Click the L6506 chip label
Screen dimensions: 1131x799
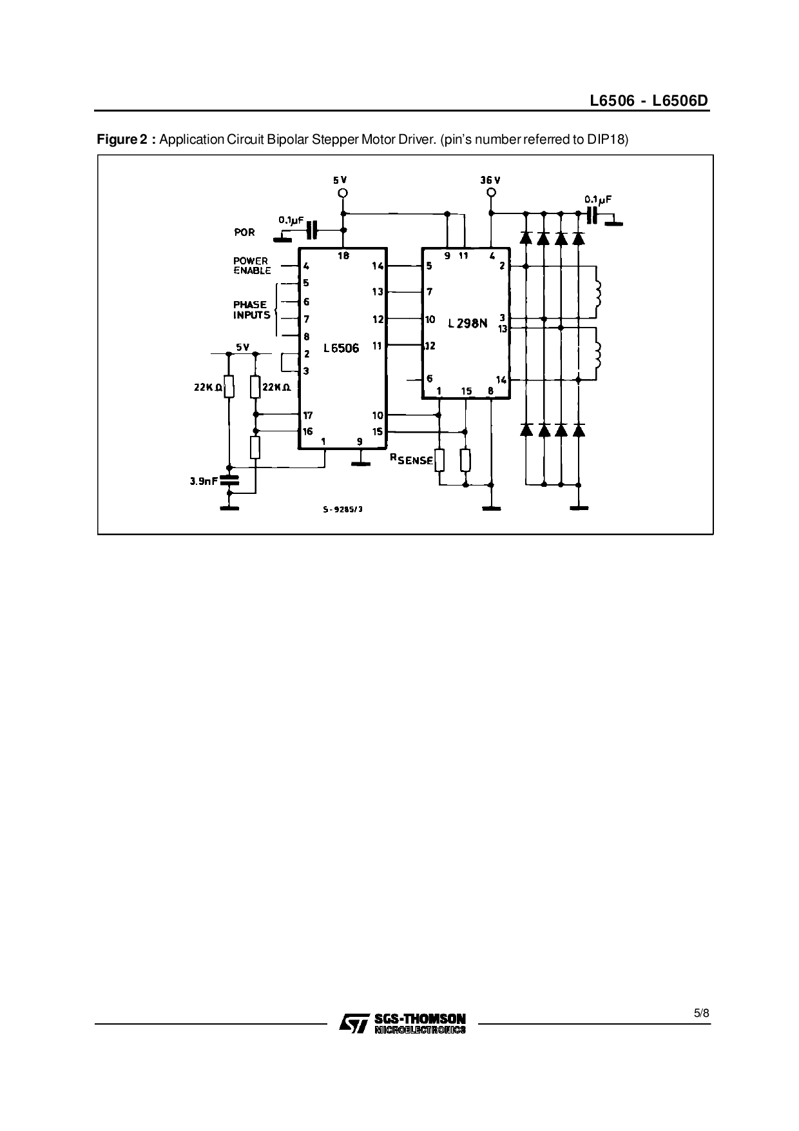(342, 348)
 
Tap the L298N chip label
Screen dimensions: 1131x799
(467, 323)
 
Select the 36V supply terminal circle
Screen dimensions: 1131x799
(491, 193)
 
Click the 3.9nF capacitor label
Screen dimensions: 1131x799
(204, 480)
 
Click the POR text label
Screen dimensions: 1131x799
(245, 232)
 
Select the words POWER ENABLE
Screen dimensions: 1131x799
(251, 266)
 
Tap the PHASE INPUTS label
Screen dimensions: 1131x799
(251, 310)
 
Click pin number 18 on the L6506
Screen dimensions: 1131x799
(343, 256)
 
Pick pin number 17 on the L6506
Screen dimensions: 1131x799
(308, 415)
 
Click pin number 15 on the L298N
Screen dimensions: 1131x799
(467, 391)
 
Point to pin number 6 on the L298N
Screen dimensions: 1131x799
(429, 379)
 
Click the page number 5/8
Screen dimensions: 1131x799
(701, 1013)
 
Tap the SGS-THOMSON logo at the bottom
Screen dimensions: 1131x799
(402, 1023)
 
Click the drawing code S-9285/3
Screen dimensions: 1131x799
(343, 509)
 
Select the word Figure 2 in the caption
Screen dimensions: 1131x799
(122, 139)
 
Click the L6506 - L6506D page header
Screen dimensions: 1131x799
(649, 101)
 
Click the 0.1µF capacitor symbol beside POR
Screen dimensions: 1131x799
(313, 229)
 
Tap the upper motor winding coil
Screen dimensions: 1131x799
(598, 293)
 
